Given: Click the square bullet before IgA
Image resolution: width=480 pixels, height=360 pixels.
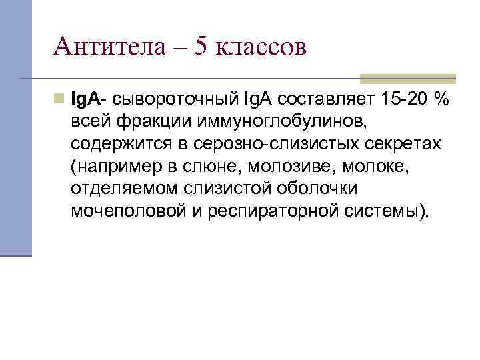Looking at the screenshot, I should tap(59, 99).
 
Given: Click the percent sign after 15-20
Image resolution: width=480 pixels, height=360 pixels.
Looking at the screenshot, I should tap(440, 99).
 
